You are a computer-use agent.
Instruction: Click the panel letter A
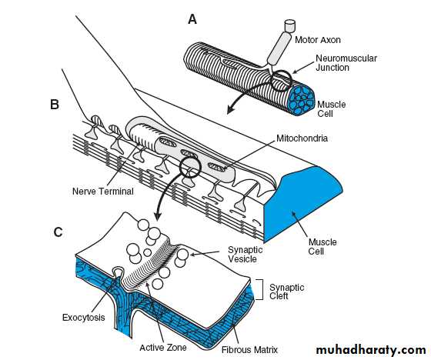coord(192,19)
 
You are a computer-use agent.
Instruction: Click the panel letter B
coord(55,105)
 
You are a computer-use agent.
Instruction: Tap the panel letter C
coord(58,232)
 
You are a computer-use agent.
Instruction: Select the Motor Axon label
coord(317,40)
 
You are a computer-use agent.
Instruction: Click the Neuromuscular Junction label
coord(346,62)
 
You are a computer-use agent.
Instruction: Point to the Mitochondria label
coord(302,138)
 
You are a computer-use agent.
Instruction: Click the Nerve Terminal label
coord(103,192)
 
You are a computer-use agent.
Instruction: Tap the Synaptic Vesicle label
coord(246,254)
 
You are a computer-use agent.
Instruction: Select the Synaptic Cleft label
coord(286,292)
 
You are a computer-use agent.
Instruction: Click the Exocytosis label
coord(84,318)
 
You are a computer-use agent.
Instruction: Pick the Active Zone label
coord(163,348)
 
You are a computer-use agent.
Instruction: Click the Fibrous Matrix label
coord(249,350)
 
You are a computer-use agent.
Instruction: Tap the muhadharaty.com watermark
coord(371,350)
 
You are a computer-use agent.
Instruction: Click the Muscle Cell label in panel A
coord(331,108)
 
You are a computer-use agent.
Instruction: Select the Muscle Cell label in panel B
coord(322,246)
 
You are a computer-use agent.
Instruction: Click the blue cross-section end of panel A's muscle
coord(302,99)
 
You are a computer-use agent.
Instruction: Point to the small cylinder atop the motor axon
coord(289,26)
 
